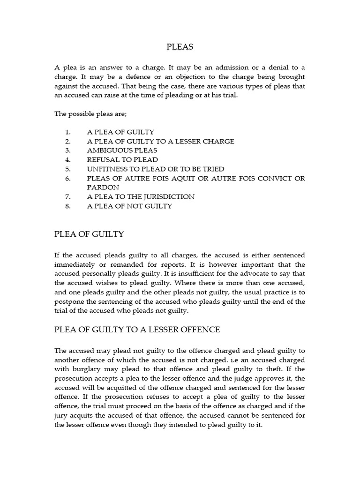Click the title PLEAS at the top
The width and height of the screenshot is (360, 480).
point(180,47)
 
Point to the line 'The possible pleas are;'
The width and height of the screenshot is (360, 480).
point(88,114)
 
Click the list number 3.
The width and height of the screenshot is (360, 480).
point(67,150)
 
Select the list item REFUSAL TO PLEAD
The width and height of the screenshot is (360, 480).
point(122,159)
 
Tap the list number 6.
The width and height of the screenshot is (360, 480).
point(67,178)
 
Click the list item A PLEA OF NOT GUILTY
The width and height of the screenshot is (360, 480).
point(129,206)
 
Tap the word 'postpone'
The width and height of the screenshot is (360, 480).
point(70,300)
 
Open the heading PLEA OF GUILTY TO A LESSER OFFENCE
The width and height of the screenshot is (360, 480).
point(137,330)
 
